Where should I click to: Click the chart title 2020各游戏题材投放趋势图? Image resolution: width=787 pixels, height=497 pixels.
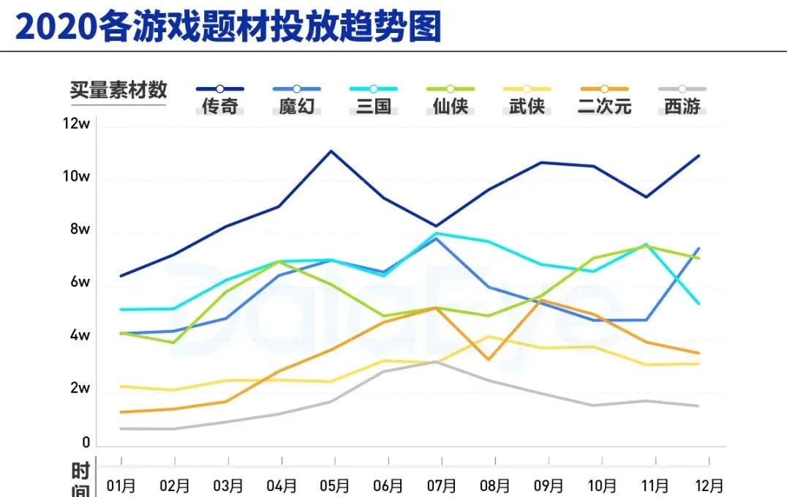click(x=228, y=27)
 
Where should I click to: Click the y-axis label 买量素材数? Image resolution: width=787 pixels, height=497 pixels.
click(x=118, y=90)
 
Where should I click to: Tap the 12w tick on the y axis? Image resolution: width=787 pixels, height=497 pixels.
click(x=76, y=124)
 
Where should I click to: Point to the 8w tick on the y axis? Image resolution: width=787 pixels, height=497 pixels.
click(x=79, y=230)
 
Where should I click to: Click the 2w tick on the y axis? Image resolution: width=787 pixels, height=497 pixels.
click(x=79, y=389)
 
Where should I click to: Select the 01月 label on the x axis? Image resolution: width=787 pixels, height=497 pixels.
click(x=121, y=485)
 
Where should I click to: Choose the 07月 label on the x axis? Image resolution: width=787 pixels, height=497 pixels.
click(x=442, y=485)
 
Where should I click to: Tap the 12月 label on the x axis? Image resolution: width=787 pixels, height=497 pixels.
click(x=708, y=485)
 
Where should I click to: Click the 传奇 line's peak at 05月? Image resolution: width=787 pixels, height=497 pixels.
click(x=331, y=151)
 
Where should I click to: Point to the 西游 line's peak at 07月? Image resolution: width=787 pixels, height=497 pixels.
click(x=437, y=362)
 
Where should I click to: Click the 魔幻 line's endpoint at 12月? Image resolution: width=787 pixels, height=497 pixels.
click(x=699, y=248)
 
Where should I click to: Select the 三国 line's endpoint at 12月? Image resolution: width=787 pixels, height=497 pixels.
click(x=699, y=303)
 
